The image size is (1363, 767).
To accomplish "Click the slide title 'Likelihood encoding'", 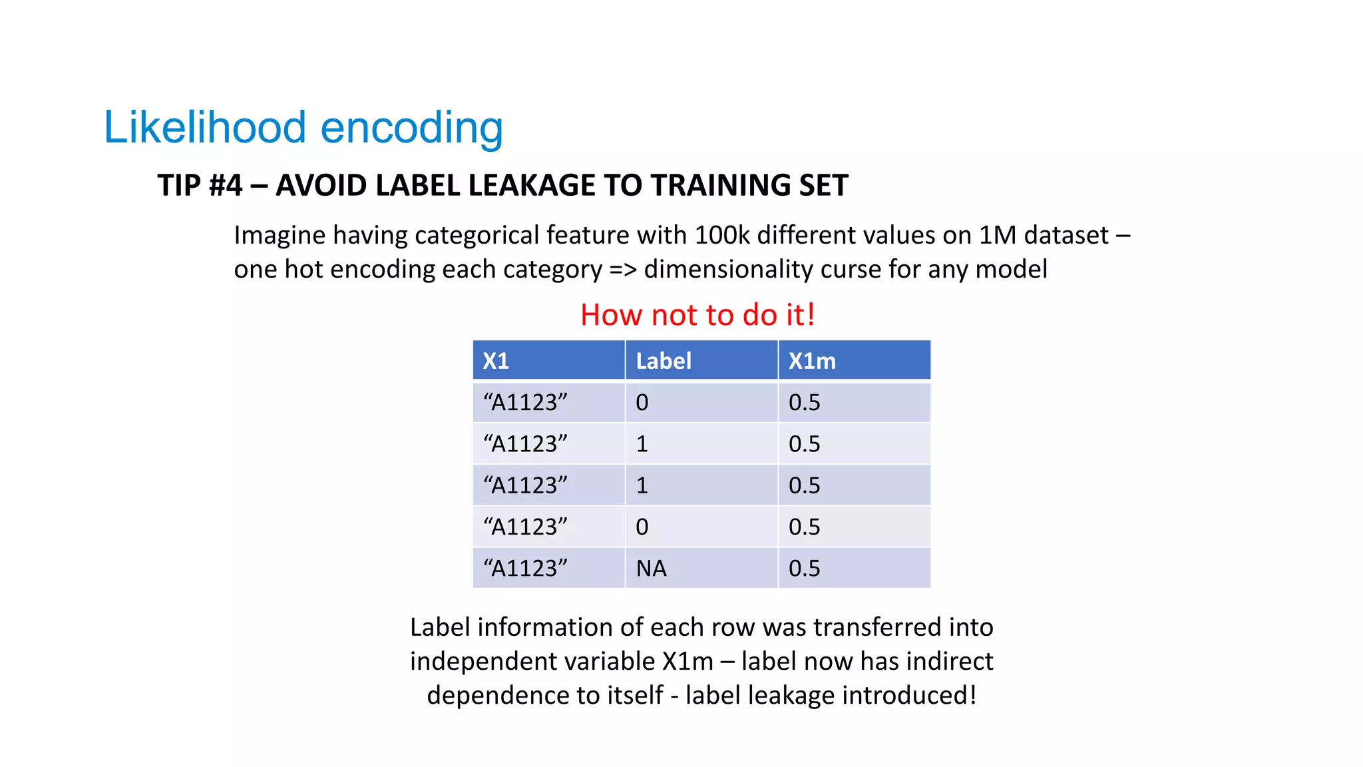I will [303, 127].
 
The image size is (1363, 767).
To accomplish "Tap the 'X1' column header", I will [496, 361].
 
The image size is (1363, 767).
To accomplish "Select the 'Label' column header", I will [664, 361].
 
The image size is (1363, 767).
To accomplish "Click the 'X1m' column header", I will [812, 361].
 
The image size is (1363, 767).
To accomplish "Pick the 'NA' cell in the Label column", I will [651, 569].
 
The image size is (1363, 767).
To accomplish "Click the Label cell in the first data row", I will [642, 403].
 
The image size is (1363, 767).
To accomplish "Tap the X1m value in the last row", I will [804, 569].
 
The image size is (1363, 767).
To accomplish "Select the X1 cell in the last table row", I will [525, 569].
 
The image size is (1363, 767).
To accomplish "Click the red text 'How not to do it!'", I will [697, 315].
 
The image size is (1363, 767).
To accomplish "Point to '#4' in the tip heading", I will [226, 185].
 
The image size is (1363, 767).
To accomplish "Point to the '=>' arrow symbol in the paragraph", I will [623, 270].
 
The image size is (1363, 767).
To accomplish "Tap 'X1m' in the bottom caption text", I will [687, 662].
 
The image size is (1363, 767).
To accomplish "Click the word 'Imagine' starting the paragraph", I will [280, 236].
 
